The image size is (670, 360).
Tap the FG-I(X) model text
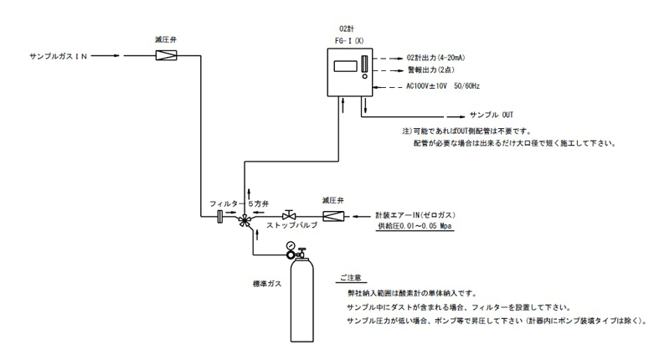(346, 40)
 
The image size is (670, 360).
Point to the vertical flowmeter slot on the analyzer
(363, 64)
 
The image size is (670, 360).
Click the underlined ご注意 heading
(353, 276)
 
